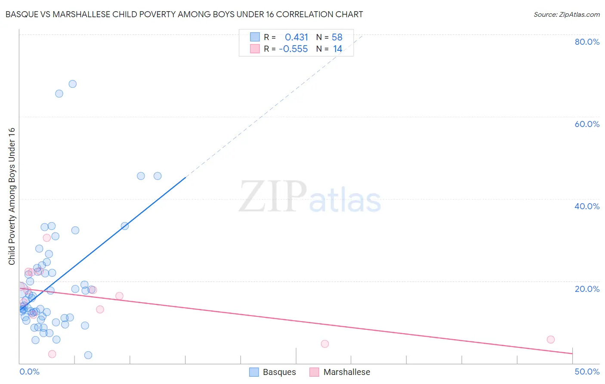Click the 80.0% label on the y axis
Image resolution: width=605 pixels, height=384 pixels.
tap(586, 42)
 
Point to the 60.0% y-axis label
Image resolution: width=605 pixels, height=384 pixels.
tap(586, 124)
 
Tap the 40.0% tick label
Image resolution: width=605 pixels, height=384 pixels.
tap(586, 206)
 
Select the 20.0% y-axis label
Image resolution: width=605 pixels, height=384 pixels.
tap(586, 289)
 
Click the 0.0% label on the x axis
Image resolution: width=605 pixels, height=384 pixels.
tap(29, 372)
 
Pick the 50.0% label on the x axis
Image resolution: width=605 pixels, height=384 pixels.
tap(586, 372)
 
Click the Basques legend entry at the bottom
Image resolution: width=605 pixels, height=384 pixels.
tap(272, 372)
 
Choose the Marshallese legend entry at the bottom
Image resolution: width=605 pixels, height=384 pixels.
tap(340, 372)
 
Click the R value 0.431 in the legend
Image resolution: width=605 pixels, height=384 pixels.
tap(296, 37)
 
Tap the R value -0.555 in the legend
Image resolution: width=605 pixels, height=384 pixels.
tap(293, 49)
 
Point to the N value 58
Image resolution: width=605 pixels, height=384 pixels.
tap(337, 37)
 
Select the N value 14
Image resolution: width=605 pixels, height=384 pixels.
tap(337, 49)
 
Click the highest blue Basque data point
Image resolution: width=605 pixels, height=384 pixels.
tap(73, 84)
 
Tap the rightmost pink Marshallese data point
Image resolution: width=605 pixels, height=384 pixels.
tap(550, 340)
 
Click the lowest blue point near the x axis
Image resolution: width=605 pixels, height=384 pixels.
tap(88, 355)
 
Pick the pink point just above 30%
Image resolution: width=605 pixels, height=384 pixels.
tap(47, 238)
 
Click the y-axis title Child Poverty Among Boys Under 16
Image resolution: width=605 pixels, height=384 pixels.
tap(12, 196)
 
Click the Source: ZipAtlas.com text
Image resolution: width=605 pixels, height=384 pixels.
tap(566, 14)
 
